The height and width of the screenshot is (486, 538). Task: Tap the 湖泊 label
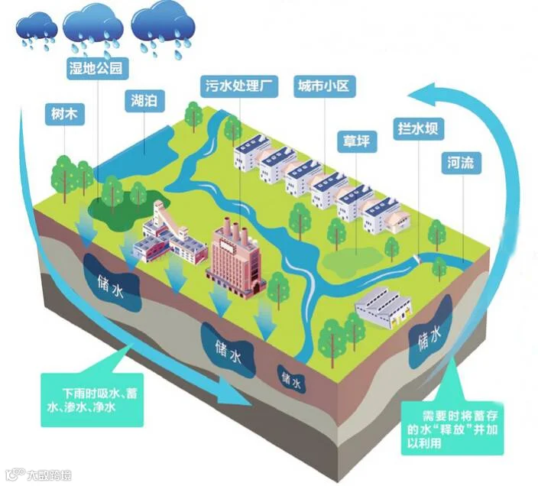tap(144, 101)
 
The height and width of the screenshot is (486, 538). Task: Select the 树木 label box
tap(64, 114)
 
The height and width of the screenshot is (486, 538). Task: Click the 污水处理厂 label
tap(238, 86)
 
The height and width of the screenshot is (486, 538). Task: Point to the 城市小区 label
tap(324, 86)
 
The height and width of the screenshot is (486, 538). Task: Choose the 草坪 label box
tap(357, 141)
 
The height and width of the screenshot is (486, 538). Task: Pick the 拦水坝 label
tap(418, 129)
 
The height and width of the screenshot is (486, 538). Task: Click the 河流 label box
tap(461, 163)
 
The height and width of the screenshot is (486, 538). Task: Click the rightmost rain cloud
tap(164, 28)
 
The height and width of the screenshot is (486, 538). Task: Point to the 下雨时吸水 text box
tap(92, 400)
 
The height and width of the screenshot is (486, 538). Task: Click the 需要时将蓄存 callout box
tap(452, 429)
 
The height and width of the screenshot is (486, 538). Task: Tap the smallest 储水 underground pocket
tap(292, 379)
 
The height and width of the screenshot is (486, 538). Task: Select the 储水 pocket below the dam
tap(430, 335)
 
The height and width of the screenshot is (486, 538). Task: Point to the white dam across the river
tap(417, 259)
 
